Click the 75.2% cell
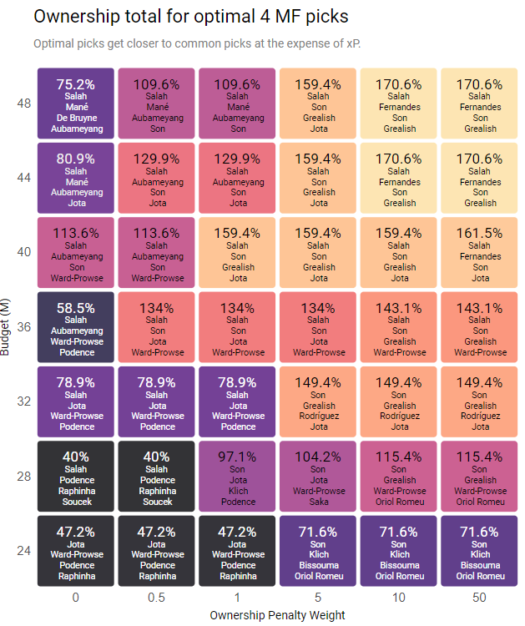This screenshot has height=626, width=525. pyautogui.click(x=76, y=102)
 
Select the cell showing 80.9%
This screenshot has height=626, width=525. pyautogui.click(x=76, y=176)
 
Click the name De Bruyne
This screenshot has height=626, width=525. pyautogui.click(x=76, y=118)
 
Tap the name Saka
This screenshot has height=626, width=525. pyautogui.click(x=319, y=501)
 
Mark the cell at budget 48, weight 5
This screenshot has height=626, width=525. pyautogui.click(x=319, y=102)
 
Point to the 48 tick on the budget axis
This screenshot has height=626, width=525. pyautogui.click(x=23, y=103)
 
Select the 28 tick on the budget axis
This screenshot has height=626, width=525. pyautogui.click(x=23, y=476)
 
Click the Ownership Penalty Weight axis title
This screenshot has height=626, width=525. pyautogui.click(x=278, y=615)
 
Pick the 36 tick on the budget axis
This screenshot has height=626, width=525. pyautogui.click(x=23, y=326)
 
